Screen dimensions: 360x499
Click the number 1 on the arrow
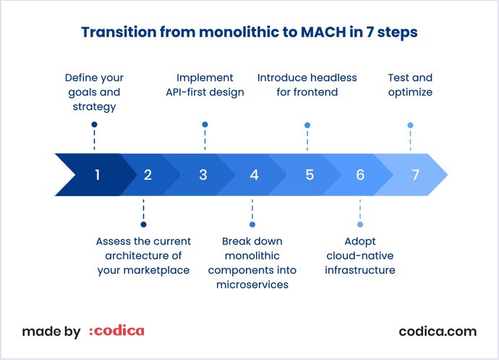(97, 174)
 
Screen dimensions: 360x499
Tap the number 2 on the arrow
(148, 174)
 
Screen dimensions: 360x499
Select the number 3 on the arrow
(203, 174)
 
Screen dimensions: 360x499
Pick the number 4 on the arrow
(254, 174)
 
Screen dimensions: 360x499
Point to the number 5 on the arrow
(310, 174)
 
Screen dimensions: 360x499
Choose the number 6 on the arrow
(360, 174)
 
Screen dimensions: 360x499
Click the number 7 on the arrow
(415, 174)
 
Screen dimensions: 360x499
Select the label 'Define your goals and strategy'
(94, 92)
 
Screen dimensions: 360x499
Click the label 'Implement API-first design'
(205, 85)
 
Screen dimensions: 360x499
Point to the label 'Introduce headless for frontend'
(308, 85)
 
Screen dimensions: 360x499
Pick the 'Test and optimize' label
(410, 85)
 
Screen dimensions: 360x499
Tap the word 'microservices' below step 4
(252, 285)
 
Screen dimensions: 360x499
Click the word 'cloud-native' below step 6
(360, 256)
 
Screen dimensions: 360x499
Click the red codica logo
(116, 331)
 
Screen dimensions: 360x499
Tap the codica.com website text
(438, 331)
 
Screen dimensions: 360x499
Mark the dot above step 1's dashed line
(94, 124)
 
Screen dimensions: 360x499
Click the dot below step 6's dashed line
(360, 224)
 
